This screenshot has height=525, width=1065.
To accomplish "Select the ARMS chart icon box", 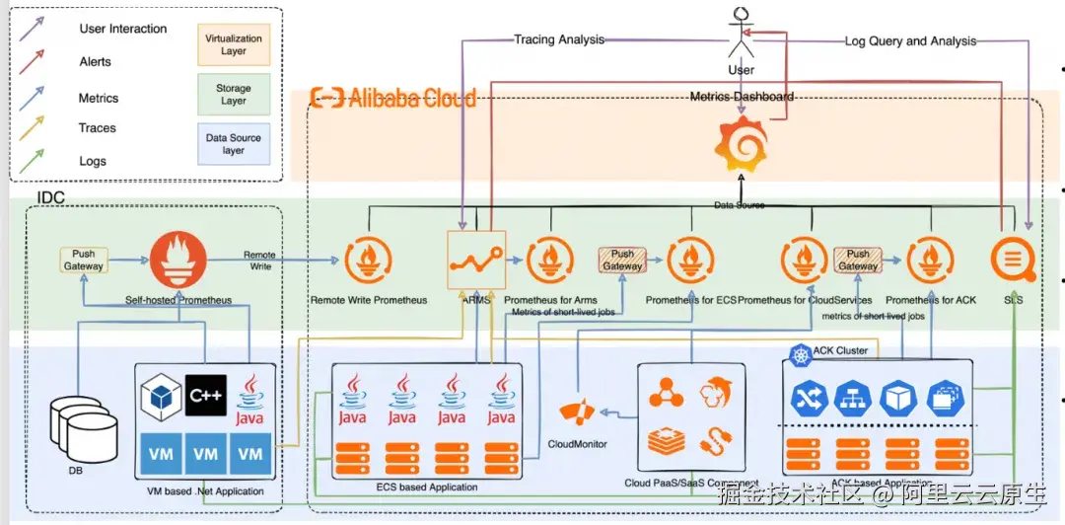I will point(475,260).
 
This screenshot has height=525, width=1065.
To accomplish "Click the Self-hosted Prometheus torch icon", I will point(178,259).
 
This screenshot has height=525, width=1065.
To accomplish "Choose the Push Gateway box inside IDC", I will point(84,260).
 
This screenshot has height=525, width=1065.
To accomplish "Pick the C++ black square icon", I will point(205,395).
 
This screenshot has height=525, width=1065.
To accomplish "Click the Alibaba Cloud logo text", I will point(393,98).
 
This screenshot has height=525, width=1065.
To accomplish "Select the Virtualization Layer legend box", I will point(234,44).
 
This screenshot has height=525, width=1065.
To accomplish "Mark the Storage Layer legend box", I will point(234,94).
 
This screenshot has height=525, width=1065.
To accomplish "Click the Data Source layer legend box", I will point(234,143).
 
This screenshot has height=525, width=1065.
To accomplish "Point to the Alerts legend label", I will point(95,61).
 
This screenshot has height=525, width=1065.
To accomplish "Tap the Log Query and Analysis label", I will point(910,41).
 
